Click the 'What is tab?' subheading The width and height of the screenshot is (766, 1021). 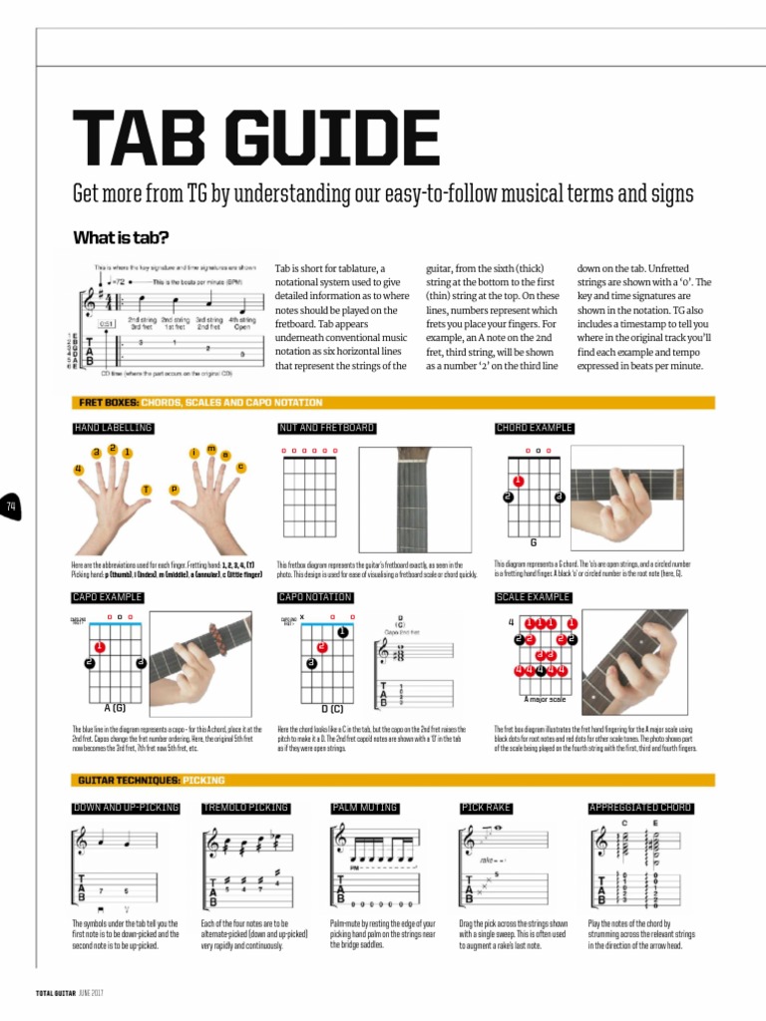[121, 237]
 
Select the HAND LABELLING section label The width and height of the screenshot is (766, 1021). [113, 428]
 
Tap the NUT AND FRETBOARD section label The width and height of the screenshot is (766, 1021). [326, 428]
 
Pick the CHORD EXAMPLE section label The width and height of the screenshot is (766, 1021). [535, 428]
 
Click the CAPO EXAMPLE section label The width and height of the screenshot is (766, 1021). [108, 597]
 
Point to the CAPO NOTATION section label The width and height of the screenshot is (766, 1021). [315, 597]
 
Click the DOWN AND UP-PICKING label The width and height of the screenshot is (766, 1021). [126, 807]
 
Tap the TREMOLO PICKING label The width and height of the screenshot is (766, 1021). [245, 807]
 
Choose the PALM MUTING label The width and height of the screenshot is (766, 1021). [364, 807]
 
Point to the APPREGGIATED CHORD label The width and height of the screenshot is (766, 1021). [640, 807]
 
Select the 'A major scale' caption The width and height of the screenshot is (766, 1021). [546, 698]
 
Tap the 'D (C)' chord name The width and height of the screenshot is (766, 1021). [332, 708]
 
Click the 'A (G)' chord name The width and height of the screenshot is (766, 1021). [115, 707]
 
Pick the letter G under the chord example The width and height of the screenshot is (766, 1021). [534, 543]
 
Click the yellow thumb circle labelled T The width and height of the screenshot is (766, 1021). [146, 490]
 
